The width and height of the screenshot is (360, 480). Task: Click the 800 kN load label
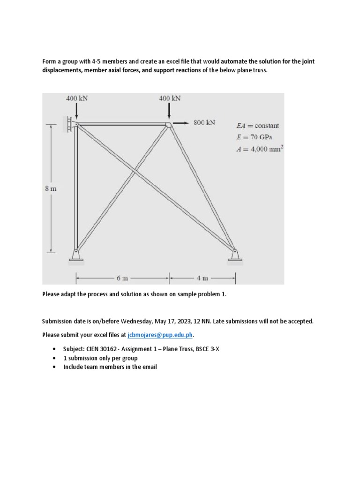(204, 123)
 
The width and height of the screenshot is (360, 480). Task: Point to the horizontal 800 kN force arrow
(181, 123)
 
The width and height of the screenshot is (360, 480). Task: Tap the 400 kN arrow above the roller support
(76, 111)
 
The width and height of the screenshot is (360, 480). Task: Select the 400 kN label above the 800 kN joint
(169, 98)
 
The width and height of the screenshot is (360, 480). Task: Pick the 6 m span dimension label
(121, 278)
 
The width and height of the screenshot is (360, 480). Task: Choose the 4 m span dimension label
(202, 278)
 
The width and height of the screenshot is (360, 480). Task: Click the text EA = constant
(258, 126)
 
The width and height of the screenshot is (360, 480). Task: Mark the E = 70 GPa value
(255, 137)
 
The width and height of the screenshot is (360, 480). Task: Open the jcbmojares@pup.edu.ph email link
(160, 335)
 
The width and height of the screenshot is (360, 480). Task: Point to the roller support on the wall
(72, 124)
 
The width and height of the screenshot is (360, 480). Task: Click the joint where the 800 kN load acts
(168, 124)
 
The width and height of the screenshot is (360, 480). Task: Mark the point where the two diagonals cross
(135, 172)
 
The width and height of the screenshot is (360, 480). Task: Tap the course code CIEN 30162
(102, 348)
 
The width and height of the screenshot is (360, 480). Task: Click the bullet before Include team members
(55, 367)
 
